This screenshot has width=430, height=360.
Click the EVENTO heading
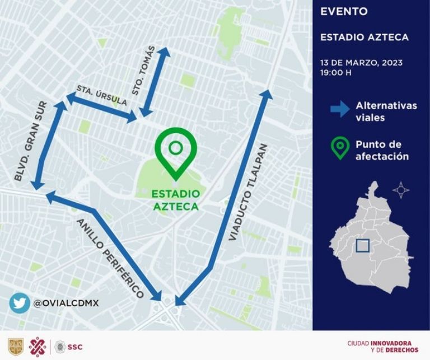tap(344, 11)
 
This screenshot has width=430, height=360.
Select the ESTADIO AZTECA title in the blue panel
tap(364, 38)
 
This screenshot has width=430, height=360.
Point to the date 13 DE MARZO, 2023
tap(361, 62)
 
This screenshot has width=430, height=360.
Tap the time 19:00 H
tap(336, 72)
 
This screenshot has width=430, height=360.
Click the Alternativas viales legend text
tap(386, 111)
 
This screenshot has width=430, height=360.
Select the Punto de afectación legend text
tap(382, 150)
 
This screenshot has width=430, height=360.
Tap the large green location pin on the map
tap(176, 151)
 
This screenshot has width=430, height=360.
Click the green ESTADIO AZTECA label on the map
tap(176, 200)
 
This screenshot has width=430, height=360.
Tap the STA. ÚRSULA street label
tap(101, 95)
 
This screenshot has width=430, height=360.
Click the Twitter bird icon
tap(19, 303)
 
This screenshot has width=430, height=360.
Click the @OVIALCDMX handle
tap(66, 303)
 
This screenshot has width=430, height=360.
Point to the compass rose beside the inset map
tap(401, 190)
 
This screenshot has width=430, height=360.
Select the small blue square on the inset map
tap(362, 246)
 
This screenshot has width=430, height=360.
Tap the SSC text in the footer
tap(74, 347)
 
